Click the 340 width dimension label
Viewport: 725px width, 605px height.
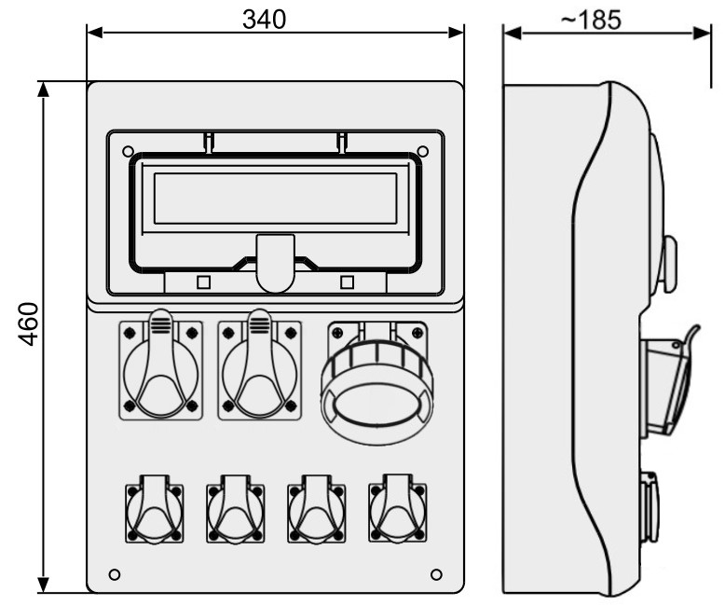pos(264,20)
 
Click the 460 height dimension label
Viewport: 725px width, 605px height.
pos(28,323)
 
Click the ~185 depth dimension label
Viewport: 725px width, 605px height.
pos(591,20)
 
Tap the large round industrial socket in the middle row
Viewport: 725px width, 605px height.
pos(376,382)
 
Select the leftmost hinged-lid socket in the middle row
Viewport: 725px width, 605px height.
pos(160,364)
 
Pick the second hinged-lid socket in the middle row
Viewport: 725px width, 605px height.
pos(259,364)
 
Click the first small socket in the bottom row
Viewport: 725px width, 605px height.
pos(155,509)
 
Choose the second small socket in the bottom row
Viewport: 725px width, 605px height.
pos(236,509)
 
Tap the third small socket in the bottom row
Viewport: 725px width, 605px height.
pos(317,509)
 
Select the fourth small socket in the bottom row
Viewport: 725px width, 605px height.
pos(398,508)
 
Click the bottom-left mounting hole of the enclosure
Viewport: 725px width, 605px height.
pos(115,574)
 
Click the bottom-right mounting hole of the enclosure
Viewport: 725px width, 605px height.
pos(436,574)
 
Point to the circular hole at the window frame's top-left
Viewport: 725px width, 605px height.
pos(128,151)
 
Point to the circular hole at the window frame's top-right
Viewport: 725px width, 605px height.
pos(423,151)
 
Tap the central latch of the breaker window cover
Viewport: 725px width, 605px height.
pos(276,263)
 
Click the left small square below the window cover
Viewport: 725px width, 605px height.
pos(204,282)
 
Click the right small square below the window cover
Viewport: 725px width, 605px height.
pos(348,282)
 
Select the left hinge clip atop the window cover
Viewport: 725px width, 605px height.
pos(209,143)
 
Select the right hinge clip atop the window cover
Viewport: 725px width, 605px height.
pos(342,143)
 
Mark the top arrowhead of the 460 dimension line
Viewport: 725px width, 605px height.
pos(44,89)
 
